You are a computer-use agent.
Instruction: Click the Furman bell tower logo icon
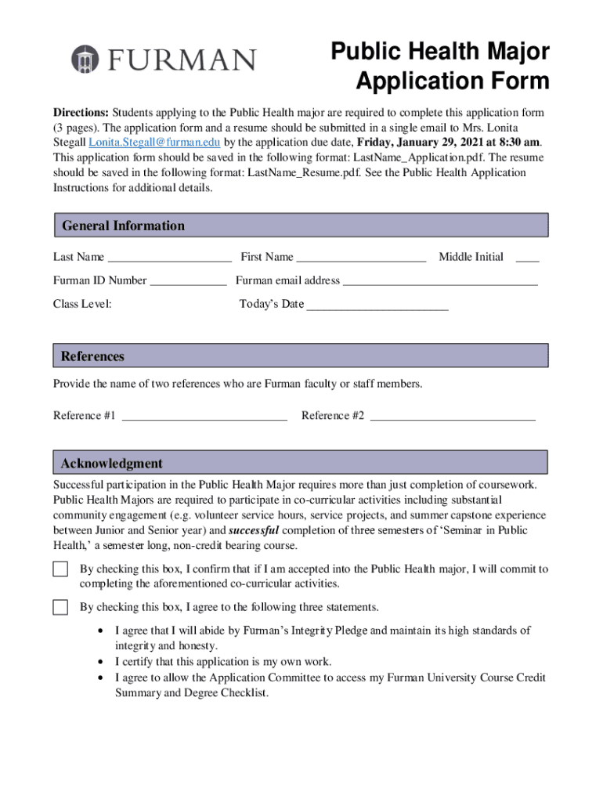click(x=85, y=60)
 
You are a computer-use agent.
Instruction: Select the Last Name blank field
click(x=169, y=258)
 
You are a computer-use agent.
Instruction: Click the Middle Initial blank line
click(x=527, y=258)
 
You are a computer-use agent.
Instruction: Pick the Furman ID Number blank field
click(x=188, y=282)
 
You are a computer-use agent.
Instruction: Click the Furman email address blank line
click(x=440, y=282)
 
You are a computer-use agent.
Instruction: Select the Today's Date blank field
click(x=377, y=305)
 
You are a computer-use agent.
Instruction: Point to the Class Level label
click(x=82, y=304)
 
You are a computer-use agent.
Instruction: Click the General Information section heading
click(x=123, y=226)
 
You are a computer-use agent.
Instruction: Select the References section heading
click(x=92, y=356)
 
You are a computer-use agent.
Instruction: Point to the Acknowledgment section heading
click(x=112, y=463)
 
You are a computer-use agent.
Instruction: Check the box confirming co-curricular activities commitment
click(x=60, y=569)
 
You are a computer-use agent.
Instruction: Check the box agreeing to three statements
click(x=60, y=607)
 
